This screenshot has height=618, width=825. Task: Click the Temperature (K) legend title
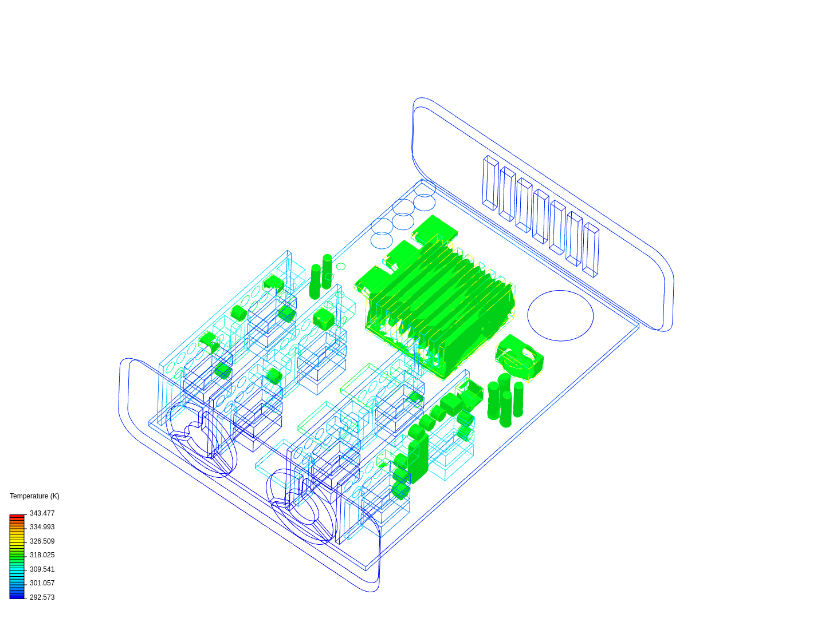(x=34, y=496)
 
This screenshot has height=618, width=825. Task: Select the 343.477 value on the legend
(x=42, y=513)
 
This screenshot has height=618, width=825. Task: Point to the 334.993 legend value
(x=42, y=527)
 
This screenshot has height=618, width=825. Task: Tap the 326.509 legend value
(x=42, y=541)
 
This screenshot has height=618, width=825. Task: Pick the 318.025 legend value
(x=42, y=555)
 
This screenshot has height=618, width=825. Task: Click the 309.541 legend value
(x=42, y=569)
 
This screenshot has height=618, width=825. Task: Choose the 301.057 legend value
(x=42, y=583)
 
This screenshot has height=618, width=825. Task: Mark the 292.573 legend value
(x=42, y=597)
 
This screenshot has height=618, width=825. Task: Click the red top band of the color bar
(x=17, y=517)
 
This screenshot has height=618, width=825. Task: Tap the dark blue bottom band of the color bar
(x=17, y=596)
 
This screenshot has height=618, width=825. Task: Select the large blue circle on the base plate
(x=560, y=315)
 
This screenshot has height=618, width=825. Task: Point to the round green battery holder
(x=519, y=358)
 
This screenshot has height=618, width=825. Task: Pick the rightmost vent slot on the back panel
(x=591, y=250)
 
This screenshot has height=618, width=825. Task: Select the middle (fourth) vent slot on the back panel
(x=541, y=216)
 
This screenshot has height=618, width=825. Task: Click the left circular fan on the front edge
(x=201, y=439)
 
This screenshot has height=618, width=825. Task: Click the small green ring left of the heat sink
(x=341, y=267)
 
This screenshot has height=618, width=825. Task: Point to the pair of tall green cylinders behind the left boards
(x=321, y=276)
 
